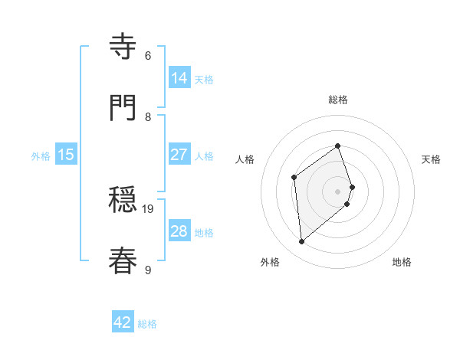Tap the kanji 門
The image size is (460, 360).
(123, 108)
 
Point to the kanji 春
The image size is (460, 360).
(123, 261)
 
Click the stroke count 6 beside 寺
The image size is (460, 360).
(148, 55)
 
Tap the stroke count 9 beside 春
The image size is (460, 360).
(148, 270)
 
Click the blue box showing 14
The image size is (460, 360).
(179, 78)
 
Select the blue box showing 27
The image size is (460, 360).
(179, 155)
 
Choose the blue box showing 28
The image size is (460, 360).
(179, 231)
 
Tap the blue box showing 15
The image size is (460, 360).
(66, 155)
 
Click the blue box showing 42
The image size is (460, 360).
(123, 322)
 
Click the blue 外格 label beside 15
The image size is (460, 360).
(41, 156)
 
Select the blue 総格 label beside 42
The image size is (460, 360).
(147, 324)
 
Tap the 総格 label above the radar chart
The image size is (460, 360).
(338, 100)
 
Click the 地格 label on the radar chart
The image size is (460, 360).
(402, 262)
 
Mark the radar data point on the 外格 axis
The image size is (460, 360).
(302, 242)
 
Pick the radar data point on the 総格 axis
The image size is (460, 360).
(338, 146)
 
